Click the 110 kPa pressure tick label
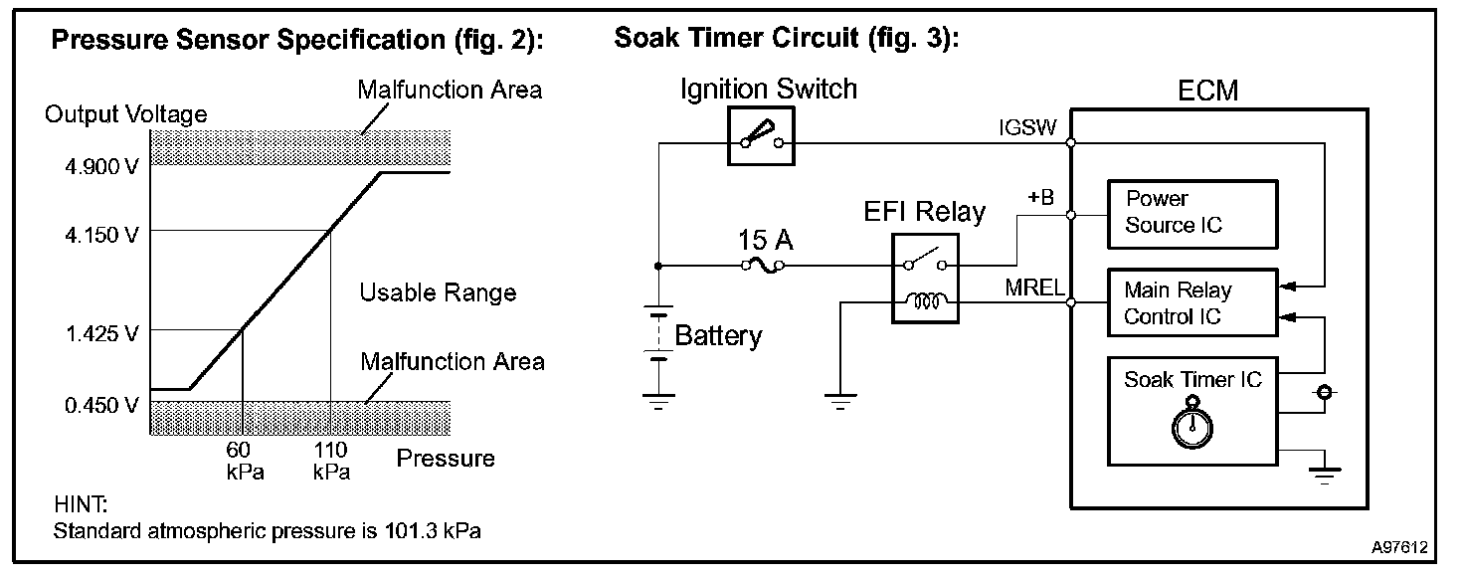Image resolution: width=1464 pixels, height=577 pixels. (x=331, y=461)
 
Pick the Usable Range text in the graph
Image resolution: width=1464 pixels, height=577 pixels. (x=438, y=292)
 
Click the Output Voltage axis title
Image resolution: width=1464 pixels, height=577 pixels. (x=126, y=114)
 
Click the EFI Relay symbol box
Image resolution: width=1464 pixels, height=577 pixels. (x=925, y=279)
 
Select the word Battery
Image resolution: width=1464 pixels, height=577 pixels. (x=718, y=335)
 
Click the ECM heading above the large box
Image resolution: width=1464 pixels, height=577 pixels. (x=1207, y=91)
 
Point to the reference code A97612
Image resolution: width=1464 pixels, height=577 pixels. (x=1400, y=547)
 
